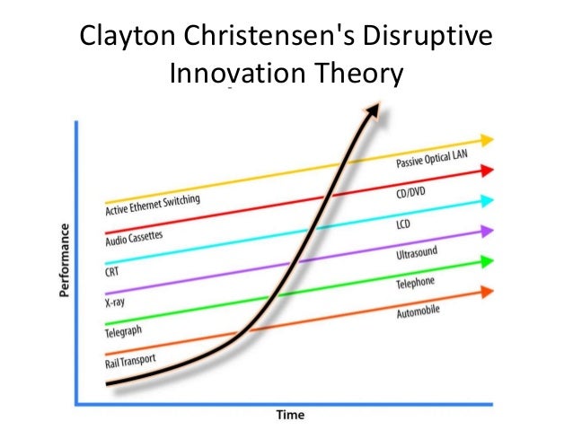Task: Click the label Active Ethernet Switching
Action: [152, 206]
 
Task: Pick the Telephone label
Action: [415, 285]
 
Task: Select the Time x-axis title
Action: [288, 415]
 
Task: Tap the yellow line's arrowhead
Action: [487, 139]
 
